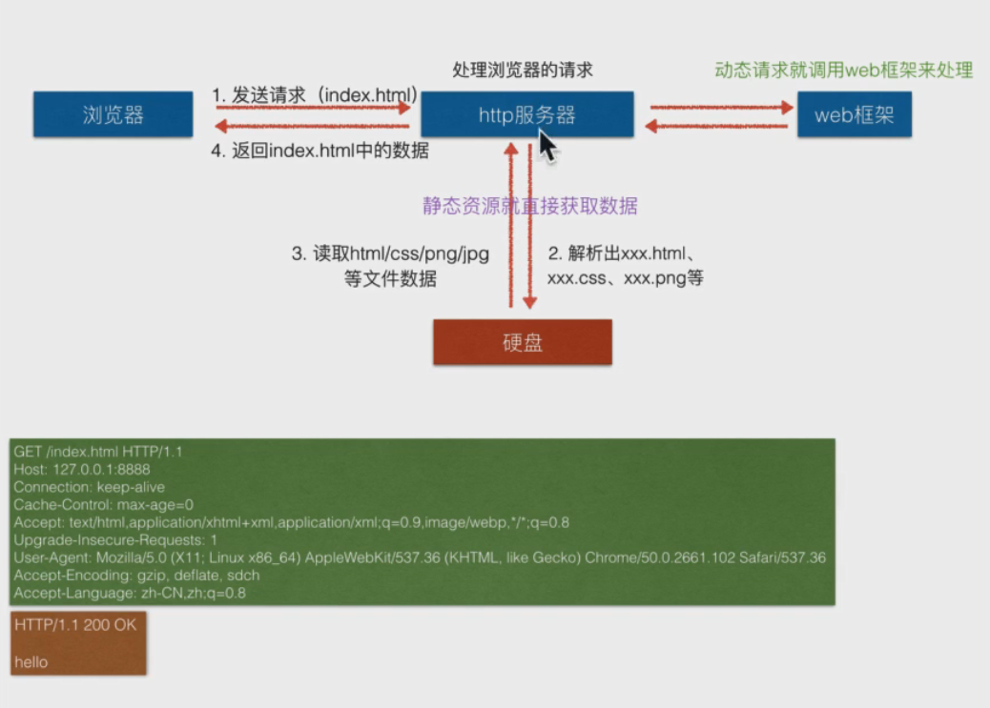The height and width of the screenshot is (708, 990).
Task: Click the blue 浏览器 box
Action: (x=113, y=115)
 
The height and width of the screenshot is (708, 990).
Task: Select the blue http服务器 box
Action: (x=526, y=115)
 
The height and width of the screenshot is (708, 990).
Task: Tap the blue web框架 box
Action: (x=854, y=115)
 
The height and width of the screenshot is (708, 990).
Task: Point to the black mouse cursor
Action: (x=547, y=146)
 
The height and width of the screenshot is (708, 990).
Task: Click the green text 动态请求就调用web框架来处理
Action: (x=843, y=71)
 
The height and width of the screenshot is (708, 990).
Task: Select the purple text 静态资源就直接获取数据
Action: (x=530, y=206)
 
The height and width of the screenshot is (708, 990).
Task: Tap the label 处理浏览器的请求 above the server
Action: (x=523, y=71)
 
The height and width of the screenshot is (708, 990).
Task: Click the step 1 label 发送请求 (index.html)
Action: (x=315, y=95)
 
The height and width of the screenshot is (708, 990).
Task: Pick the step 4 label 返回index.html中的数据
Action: (x=320, y=151)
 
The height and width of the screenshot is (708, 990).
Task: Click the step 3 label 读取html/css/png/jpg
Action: (x=390, y=254)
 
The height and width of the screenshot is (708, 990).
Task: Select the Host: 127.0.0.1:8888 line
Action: (x=82, y=469)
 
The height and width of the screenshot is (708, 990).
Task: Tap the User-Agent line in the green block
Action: (x=420, y=557)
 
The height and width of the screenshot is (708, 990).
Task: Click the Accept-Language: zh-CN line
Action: (x=130, y=593)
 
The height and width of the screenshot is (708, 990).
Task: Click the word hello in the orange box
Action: (x=31, y=661)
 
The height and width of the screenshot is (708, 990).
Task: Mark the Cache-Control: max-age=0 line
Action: (x=103, y=504)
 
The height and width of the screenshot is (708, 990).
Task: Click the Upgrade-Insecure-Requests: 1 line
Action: (x=115, y=539)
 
